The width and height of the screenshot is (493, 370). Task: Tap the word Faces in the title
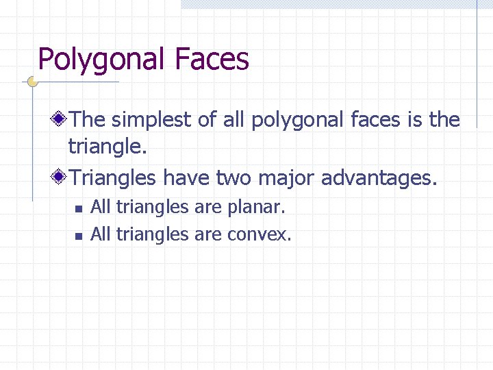pos(212,60)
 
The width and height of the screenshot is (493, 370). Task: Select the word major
pos(287,178)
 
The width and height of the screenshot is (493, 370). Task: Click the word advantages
pos(378,178)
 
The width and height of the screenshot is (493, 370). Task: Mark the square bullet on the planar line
pos(79,208)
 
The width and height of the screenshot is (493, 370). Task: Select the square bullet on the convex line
pos(79,236)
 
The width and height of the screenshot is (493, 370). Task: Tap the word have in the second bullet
pos(187,178)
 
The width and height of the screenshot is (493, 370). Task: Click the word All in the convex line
pos(101,234)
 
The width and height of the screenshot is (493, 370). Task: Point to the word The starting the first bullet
pos(88,120)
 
